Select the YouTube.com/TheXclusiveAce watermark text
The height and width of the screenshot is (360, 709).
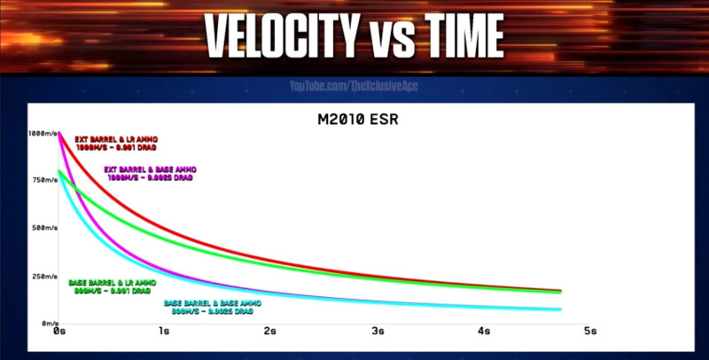354,87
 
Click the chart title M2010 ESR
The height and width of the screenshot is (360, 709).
353,121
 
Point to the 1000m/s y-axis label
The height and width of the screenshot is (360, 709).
43,134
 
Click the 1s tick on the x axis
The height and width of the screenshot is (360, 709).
165,333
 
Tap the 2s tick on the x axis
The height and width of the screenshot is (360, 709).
271,333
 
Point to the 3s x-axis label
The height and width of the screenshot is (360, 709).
378,333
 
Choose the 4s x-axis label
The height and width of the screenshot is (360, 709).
484,333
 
